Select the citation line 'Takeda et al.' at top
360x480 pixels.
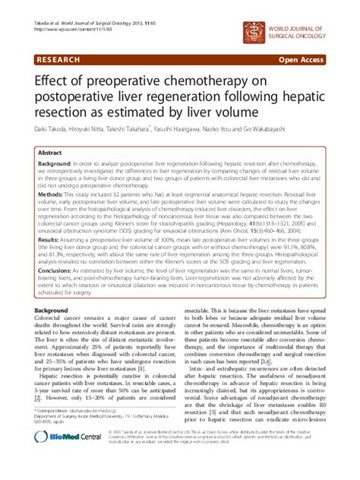tap(91, 27)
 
